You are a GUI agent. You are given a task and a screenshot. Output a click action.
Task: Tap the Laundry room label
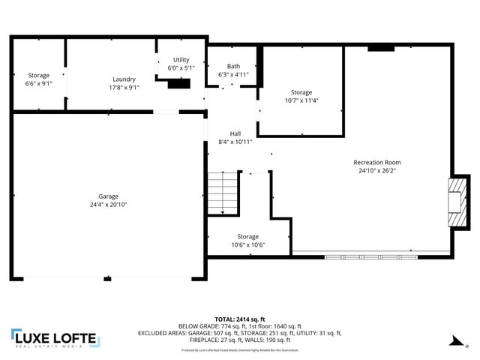[124, 79]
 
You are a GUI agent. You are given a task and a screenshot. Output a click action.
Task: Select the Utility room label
[181, 59]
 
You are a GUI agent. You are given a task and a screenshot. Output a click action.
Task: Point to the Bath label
[233, 66]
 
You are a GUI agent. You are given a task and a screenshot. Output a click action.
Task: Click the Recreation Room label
[377, 162]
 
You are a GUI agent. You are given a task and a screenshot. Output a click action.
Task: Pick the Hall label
[235, 133]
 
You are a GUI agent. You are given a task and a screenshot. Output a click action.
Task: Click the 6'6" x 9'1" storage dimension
[39, 84]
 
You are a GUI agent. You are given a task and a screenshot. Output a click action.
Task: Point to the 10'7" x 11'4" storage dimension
[301, 100]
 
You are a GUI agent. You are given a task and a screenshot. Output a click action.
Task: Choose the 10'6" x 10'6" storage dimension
[247, 244]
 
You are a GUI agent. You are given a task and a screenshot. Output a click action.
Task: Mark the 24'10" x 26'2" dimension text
[377, 171]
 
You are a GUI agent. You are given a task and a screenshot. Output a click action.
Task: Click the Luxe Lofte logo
[54, 339]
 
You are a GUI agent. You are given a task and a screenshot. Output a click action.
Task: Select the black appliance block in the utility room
[178, 84]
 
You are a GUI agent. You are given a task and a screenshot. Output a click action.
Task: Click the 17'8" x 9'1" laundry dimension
[124, 87]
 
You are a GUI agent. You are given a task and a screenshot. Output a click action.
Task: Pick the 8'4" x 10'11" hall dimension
[235, 142]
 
